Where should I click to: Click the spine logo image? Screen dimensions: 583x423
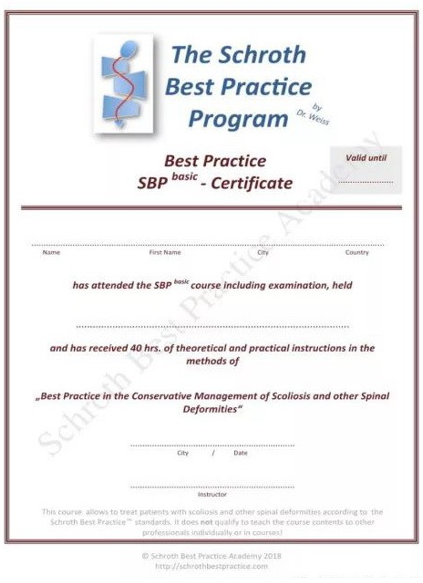coord(123,83)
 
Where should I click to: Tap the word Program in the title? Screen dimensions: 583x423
coord(238,119)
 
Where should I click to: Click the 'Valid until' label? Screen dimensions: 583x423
coord(366,158)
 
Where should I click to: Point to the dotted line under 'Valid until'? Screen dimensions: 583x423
coord(366,182)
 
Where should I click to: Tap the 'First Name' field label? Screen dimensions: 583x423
coord(165,252)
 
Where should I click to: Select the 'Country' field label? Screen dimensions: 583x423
coord(357,252)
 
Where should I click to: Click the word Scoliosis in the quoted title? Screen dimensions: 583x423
coord(294,396)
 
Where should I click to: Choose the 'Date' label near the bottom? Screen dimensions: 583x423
coord(241,453)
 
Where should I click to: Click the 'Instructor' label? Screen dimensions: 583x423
coord(212,494)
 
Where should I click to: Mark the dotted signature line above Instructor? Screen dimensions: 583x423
coord(212,487)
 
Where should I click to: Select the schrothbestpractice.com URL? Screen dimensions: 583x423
coord(211,566)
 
